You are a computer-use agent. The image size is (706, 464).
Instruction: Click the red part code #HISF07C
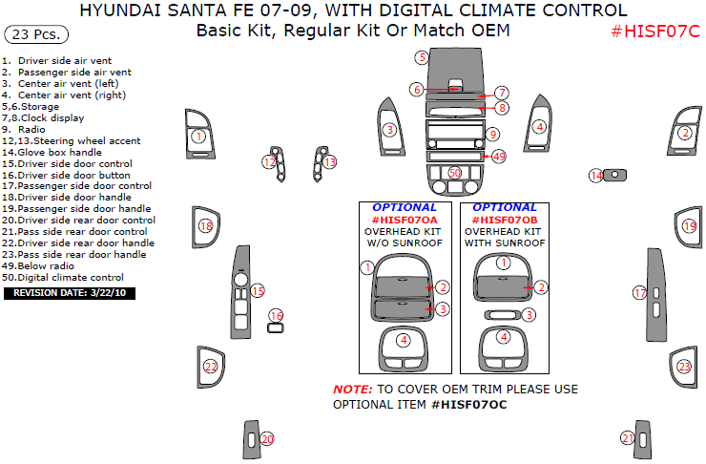[x=654, y=32]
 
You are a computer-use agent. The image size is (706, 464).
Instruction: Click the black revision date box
[x=70, y=292]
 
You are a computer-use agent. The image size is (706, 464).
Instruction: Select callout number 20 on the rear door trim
[x=267, y=438]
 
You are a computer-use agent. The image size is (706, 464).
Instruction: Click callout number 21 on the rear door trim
[x=627, y=438]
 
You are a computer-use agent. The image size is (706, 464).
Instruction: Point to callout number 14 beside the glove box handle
[x=595, y=176]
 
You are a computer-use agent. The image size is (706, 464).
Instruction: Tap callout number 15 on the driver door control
[x=257, y=290]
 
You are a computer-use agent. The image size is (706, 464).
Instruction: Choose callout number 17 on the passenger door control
[x=640, y=292]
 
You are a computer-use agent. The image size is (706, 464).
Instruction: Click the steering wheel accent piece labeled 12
[x=270, y=163]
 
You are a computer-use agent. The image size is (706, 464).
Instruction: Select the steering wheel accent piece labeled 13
[x=329, y=163]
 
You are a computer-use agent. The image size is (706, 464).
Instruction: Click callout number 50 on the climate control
[x=455, y=173]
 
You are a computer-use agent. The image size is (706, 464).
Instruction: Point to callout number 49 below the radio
[x=499, y=157]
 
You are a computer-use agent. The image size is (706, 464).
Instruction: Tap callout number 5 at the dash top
[x=421, y=57]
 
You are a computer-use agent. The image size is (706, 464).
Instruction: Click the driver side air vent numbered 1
[x=197, y=137]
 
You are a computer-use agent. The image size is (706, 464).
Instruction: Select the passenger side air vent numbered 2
[x=684, y=134]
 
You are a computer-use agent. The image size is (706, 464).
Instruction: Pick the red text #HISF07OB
[x=504, y=220]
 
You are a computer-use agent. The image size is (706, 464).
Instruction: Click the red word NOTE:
[x=352, y=390]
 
